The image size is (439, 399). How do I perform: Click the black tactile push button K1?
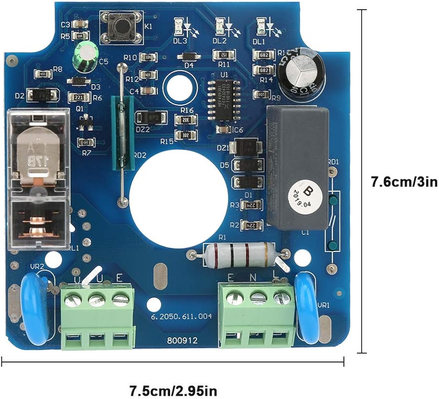coord(121,27)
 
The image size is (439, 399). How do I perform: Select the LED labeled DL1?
coord(261,26)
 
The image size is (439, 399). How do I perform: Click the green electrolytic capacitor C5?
coord(84,57)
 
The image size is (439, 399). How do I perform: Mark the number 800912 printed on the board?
coord(182,341)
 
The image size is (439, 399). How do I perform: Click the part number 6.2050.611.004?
coord(182,316)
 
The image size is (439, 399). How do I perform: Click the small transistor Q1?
coord(84,122)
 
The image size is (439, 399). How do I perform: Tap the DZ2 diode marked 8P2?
coord(148,118)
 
